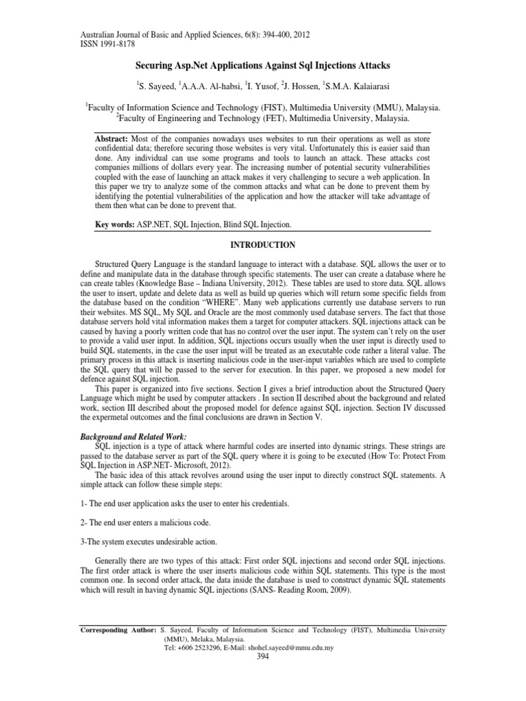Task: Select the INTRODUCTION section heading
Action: pyautogui.click(x=262, y=244)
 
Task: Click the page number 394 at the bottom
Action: pyautogui.click(x=262, y=657)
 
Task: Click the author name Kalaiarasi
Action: pyautogui.click(x=361, y=88)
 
